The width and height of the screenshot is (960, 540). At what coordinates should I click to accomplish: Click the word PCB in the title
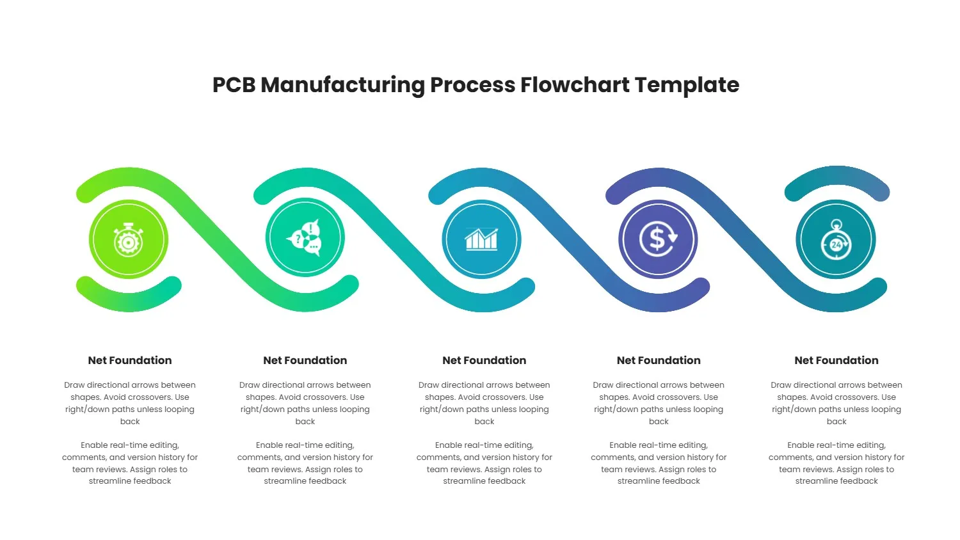tap(234, 85)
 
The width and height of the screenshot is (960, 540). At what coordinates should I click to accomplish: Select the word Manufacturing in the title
tap(342, 85)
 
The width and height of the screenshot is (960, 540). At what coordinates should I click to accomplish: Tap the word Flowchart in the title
tap(575, 85)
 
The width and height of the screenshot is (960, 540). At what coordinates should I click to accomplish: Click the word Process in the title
tap(472, 85)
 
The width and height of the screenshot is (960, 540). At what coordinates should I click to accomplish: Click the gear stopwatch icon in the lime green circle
tap(129, 239)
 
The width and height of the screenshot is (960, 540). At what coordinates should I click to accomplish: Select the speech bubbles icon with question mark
tap(305, 239)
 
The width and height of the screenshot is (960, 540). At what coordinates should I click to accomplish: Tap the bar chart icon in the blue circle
tap(481, 239)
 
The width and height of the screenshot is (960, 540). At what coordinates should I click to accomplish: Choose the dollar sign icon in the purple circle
tap(658, 239)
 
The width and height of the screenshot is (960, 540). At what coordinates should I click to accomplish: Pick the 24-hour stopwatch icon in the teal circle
tap(836, 240)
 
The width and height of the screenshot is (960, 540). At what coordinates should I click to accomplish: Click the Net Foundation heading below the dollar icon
tap(659, 360)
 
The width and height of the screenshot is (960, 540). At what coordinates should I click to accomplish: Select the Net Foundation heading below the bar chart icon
tap(484, 360)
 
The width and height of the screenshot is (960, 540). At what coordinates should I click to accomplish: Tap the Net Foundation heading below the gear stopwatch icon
tap(130, 360)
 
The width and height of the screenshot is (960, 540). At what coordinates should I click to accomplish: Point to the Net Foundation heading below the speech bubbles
tap(305, 360)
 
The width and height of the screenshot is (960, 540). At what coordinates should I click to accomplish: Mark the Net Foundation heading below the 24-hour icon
tap(836, 360)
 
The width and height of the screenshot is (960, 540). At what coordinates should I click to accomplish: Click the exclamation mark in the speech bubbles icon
tap(312, 228)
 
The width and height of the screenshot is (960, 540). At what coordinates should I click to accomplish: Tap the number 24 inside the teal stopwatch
tap(836, 244)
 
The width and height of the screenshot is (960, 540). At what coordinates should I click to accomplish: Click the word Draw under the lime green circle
tap(74, 385)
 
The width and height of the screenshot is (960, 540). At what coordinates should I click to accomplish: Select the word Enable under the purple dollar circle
tap(623, 445)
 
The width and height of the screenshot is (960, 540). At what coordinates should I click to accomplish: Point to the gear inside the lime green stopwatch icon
tap(129, 243)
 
